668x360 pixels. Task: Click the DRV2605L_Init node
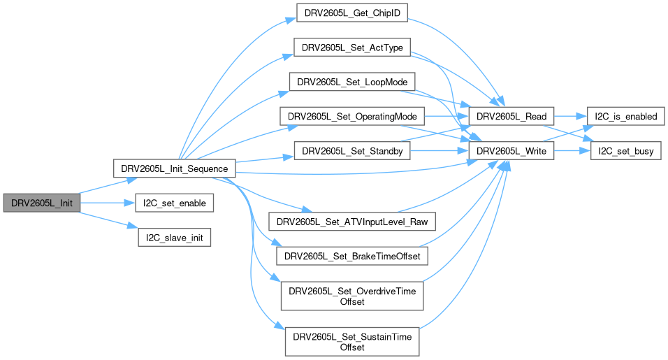point(41,203)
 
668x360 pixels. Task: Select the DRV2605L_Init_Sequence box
point(174,168)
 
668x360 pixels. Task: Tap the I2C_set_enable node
point(174,203)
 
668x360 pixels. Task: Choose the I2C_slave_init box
point(174,238)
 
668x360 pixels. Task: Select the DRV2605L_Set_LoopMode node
point(352,81)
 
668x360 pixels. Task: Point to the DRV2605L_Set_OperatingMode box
point(352,116)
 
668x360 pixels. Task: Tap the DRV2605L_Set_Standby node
point(352,151)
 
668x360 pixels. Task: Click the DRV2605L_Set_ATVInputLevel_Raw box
point(352,222)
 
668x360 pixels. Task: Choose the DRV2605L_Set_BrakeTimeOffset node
point(352,257)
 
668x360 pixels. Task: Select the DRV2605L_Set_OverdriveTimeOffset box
point(352,296)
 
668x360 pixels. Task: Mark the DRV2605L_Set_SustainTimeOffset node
point(352,341)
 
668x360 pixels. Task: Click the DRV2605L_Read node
point(512,116)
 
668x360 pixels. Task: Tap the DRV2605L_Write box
point(512,151)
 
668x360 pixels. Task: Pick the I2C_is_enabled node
point(625,116)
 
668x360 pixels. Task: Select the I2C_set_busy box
point(625,151)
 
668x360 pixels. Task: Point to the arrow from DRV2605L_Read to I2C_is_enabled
point(570,116)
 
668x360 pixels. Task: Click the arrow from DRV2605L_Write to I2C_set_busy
point(572,151)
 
